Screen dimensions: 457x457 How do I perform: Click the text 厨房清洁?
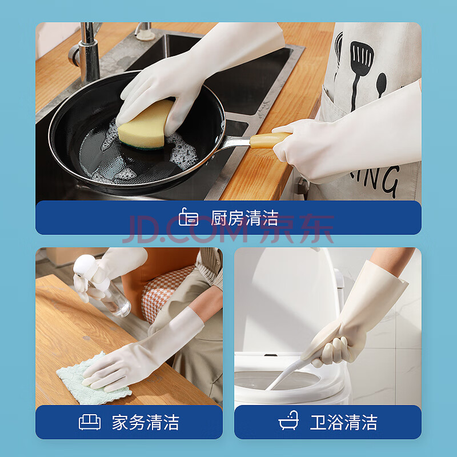pos(245,218)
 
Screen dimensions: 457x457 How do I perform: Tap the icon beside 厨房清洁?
pos(189,217)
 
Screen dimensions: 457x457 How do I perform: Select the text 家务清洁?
pos(146,422)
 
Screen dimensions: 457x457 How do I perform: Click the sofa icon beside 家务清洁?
pos(90,422)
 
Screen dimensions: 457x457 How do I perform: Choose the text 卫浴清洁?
pos(343,422)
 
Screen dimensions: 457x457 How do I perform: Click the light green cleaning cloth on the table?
pos(90,382)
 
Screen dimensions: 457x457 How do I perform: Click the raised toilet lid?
pos(288,300)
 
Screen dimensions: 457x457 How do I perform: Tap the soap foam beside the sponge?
pos(183,151)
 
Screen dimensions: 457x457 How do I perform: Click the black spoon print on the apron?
pos(381,85)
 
